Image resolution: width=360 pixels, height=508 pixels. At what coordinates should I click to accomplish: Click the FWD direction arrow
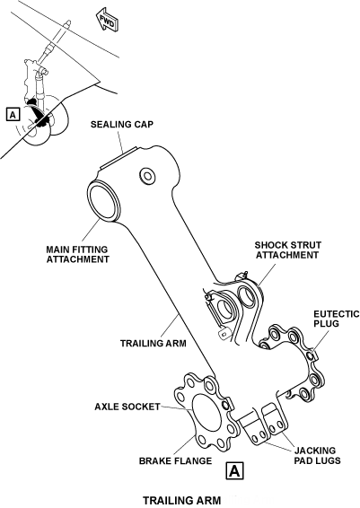(x=108, y=21)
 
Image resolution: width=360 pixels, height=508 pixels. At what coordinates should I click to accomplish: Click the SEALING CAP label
(x=122, y=124)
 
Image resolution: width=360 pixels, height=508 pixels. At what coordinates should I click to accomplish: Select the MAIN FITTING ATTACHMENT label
(x=77, y=254)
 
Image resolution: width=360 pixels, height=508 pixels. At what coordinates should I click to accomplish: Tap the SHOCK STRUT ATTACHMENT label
(x=288, y=250)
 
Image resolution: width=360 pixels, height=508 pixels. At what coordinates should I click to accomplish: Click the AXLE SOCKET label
(x=127, y=407)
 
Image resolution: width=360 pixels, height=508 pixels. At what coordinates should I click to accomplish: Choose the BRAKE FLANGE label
(x=175, y=460)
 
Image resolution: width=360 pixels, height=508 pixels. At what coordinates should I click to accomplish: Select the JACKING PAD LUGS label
(x=317, y=455)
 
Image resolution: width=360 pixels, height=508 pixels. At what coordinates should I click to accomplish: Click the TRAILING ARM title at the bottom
(x=181, y=500)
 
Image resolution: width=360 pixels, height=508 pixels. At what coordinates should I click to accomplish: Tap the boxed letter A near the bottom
(x=234, y=470)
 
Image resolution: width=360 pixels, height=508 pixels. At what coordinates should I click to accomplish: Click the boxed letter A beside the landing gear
(x=13, y=115)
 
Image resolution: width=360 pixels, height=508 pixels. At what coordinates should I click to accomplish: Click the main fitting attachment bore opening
(x=104, y=202)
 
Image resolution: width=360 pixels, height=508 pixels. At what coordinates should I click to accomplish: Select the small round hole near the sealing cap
(x=147, y=176)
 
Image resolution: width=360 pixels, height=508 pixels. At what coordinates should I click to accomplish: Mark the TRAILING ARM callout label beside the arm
(x=154, y=343)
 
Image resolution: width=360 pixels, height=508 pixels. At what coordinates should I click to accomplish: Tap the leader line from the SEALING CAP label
(x=120, y=141)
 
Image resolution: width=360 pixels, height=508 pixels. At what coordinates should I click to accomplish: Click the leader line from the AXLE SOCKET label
(x=177, y=407)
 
